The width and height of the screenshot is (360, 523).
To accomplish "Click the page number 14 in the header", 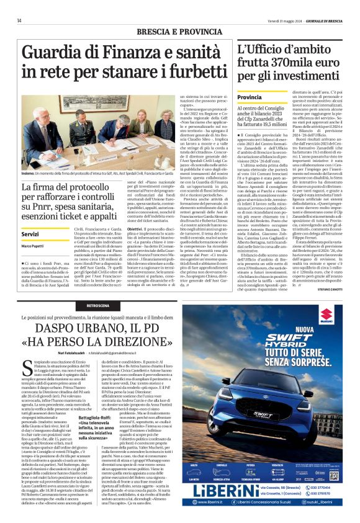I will pyautogui.click(x=19, y=20).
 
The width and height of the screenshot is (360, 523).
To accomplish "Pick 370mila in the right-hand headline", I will pyautogui.click(x=284, y=65).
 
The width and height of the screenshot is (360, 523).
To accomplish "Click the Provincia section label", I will pyautogui.click(x=250, y=97).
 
